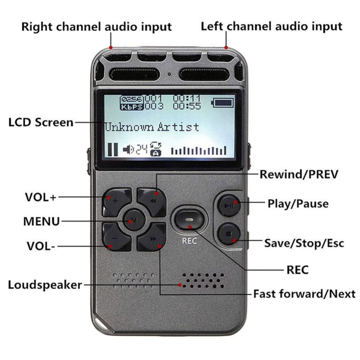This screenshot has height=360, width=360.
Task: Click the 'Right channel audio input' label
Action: point(96,26)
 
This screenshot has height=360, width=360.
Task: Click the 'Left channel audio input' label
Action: point(271,26)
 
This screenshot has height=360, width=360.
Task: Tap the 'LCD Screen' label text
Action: point(41,122)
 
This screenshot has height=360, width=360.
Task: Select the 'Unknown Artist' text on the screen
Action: point(152,127)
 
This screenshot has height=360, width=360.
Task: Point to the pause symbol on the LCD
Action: point(112,150)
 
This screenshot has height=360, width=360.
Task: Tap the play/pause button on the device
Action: point(228,205)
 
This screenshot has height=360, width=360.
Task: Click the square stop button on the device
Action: point(228,235)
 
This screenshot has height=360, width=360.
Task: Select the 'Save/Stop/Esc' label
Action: point(304,243)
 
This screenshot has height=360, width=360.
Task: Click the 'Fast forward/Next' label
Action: point(304,294)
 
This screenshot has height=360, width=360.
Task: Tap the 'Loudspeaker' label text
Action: point(45,284)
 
